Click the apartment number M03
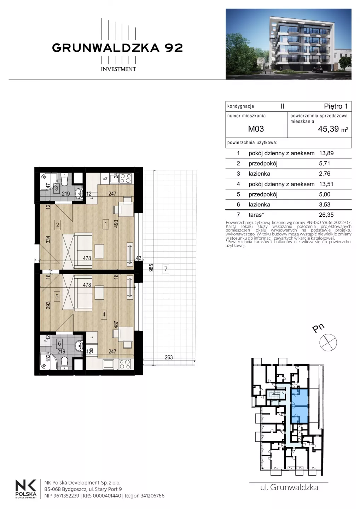[x=256, y=129]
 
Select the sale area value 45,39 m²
[x=333, y=129]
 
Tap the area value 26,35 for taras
[x=326, y=215]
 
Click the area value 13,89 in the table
[x=326, y=153]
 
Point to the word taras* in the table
[x=256, y=215]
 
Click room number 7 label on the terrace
[x=166, y=269]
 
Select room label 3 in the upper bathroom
[x=57, y=189]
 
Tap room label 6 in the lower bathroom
[x=59, y=344]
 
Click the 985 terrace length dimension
[x=151, y=268]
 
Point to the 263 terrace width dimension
[x=169, y=357]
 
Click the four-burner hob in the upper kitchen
[x=126, y=178]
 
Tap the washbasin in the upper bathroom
[x=79, y=193]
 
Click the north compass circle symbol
[x=328, y=343]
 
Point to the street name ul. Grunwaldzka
[x=289, y=487]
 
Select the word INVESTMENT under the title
[x=118, y=69]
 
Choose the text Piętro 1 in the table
[x=336, y=106]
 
